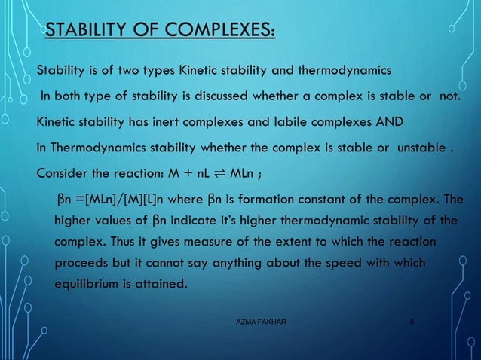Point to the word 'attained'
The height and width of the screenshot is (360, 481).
tap(159, 286)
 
